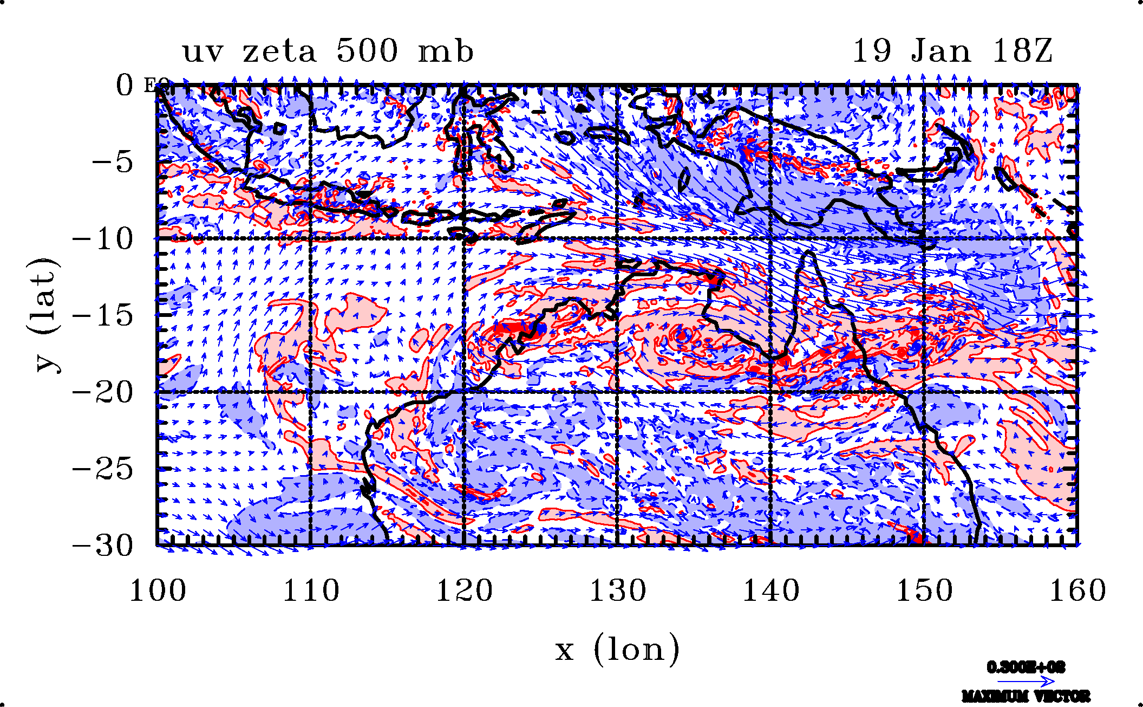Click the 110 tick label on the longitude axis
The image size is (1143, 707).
[311, 591]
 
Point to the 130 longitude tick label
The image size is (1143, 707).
[618, 591]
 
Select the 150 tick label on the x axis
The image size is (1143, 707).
[924, 591]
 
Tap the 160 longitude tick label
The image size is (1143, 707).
[1077, 591]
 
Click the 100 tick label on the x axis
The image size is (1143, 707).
[158, 591]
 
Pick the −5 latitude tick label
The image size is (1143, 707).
[112, 162]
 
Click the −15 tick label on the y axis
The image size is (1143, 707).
[102, 315]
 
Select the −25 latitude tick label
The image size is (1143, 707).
[102, 469]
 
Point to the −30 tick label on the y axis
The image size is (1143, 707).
[102, 546]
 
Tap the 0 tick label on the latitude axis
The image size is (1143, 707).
[125, 86]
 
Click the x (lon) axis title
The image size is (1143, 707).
[617, 649]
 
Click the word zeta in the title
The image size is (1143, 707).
[279, 52]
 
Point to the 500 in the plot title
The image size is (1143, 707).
[367, 51]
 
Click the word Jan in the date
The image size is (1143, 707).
[941, 51]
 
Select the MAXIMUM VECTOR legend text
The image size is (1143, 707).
[1026, 696]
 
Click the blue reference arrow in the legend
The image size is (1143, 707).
[1026, 682]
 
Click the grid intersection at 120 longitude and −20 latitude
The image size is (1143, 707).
[464, 392]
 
